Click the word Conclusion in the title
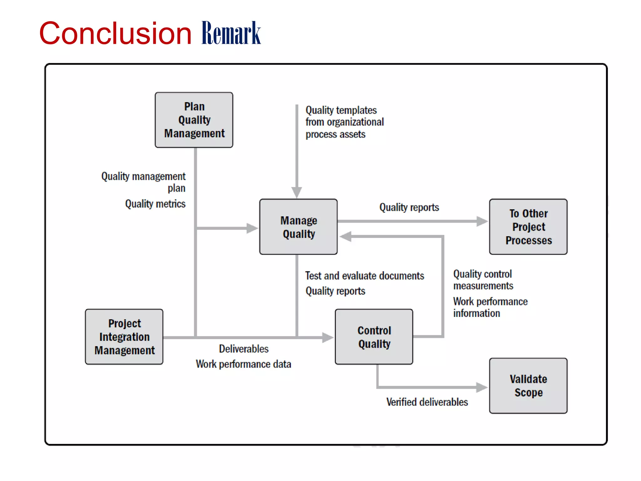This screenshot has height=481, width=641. pos(115,34)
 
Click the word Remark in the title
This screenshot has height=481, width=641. pos(231,34)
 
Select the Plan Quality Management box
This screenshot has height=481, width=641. pos(194,120)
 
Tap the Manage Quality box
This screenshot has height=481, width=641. pos(298,227)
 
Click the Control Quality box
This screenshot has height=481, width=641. pos(374,337)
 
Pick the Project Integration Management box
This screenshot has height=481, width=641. pos(124,337)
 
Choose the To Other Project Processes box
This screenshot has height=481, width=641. pos(528,227)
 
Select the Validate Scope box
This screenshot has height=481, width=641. pos(528,386)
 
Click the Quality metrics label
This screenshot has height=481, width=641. pos(155,204)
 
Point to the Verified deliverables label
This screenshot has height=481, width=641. pos(427,402)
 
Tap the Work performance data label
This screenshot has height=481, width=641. pos(244,364)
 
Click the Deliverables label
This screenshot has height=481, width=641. pos(244,349)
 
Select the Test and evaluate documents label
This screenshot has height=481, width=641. pos(365,276)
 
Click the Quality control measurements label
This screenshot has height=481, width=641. pos(483,280)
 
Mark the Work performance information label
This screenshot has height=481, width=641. pos(490,307)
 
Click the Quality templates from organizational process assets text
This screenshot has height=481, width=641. pos(344,122)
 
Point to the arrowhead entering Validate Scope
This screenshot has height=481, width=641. pos(481,387)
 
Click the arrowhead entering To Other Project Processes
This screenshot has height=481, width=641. pos(481,221)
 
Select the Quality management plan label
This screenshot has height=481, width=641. pos(144,182)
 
